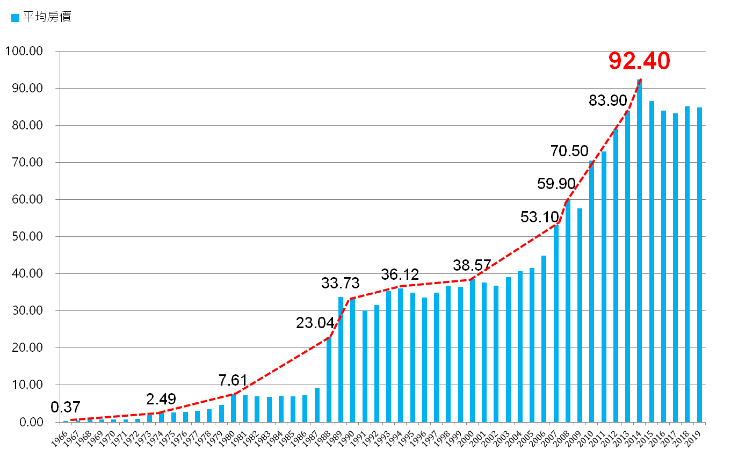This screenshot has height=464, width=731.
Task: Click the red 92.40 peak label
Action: (x=639, y=61)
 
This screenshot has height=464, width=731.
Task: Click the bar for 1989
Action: (x=341, y=359)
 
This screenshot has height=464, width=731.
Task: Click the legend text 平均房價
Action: (x=47, y=17)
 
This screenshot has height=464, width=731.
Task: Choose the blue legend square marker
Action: (x=15, y=18)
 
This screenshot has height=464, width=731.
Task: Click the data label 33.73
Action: (x=340, y=283)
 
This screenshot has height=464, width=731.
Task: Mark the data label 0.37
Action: (x=65, y=408)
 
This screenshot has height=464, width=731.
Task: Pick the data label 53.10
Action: (x=539, y=218)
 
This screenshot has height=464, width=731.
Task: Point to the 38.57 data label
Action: (x=472, y=265)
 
